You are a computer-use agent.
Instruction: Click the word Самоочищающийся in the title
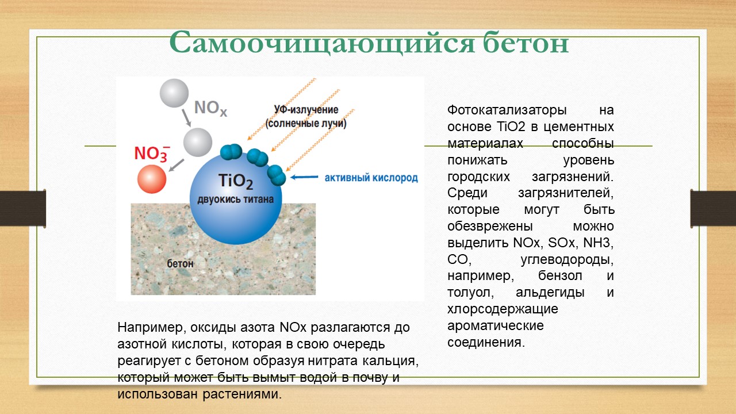pos(321,43)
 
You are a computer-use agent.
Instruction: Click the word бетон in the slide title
pos(526,43)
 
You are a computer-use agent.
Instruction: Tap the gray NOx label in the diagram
pos(210,108)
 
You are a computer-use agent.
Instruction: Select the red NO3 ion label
pos(152,154)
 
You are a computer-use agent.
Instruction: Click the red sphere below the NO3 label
pos(152,179)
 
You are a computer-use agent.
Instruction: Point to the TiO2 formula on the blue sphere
pos(236,181)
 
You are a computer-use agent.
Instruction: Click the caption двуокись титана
pos(235,200)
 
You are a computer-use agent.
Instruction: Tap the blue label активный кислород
pos(371,178)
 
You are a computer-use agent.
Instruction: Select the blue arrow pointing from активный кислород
pos(304,177)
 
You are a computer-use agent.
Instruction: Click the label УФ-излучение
pos(306,109)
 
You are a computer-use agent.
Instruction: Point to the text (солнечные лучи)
pos(306,124)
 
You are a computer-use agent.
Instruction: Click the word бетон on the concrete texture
pos(180,263)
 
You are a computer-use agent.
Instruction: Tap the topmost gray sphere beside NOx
pos(174,93)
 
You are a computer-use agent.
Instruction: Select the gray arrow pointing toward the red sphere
pos(177,165)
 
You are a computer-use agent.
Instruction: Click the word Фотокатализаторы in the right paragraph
pos(507,110)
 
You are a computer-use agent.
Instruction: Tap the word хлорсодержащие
pos(503,309)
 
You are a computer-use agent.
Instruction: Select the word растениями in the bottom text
pos(242,394)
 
